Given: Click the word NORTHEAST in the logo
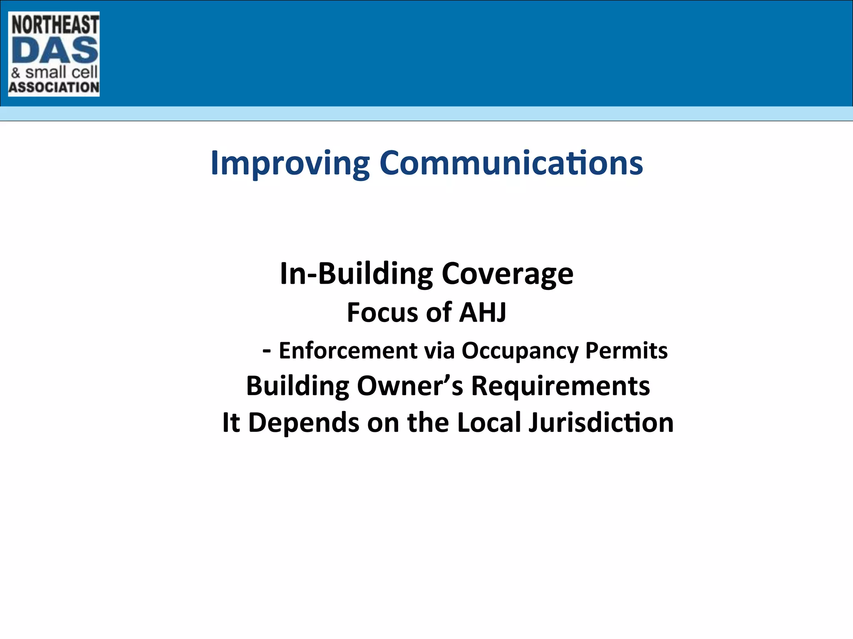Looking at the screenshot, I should (x=55, y=25).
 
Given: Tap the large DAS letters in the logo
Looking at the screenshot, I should (x=55, y=50).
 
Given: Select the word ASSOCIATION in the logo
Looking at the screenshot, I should (x=54, y=87).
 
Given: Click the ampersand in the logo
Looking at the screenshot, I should (x=16, y=73).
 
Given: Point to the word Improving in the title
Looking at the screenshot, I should (x=290, y=163).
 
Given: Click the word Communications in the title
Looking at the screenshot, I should (x=511, y=163).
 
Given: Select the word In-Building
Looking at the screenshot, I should (x=356, y=274).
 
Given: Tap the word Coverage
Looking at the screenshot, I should (x=507, y=274).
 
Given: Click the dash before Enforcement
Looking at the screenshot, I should (x=267, y=351).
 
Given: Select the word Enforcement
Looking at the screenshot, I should (x=348, y=351).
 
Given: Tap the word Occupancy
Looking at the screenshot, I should (x=520, y=351).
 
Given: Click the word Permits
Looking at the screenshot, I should (x=626, y=351).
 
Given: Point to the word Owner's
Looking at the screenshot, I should (x=410, y=386).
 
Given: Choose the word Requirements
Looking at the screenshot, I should (x=560, y=386).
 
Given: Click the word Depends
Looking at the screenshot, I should (x=304, y=423).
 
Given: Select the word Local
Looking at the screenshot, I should (x=489, y=423).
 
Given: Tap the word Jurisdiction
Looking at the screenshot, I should (x=601, y=423).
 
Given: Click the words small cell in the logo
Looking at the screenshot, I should (x=62, y=72).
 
